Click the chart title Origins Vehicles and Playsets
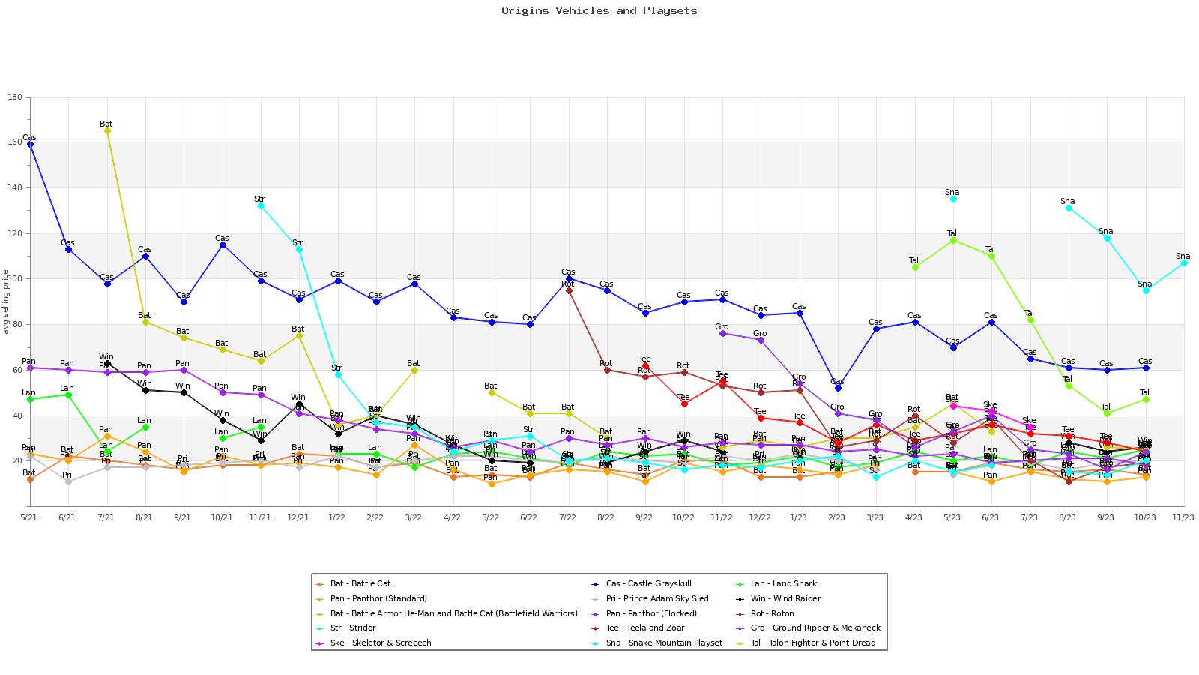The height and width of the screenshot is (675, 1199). [599, 11]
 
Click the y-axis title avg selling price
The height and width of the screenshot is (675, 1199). [6, 301]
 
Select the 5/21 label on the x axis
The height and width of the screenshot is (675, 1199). [29, 517]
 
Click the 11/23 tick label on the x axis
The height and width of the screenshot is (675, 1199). [1183, 517]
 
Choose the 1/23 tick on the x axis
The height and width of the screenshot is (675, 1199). [799, 517]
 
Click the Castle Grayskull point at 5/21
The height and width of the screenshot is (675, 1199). [30, 144]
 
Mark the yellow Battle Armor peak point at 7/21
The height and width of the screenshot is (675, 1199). [107, 130]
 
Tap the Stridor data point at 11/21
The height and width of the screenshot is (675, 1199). [261, 205]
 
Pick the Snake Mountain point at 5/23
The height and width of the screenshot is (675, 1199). [953, 199]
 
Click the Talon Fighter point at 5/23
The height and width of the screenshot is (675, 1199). [953, 240]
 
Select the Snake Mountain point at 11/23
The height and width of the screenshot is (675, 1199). [1184, 262]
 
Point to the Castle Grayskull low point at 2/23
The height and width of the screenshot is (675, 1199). [838, 388]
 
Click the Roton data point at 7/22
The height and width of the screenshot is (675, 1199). [569, 290]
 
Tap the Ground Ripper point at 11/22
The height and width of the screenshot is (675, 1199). [722, 333]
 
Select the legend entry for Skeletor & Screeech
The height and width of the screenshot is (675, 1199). [380, 643]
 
